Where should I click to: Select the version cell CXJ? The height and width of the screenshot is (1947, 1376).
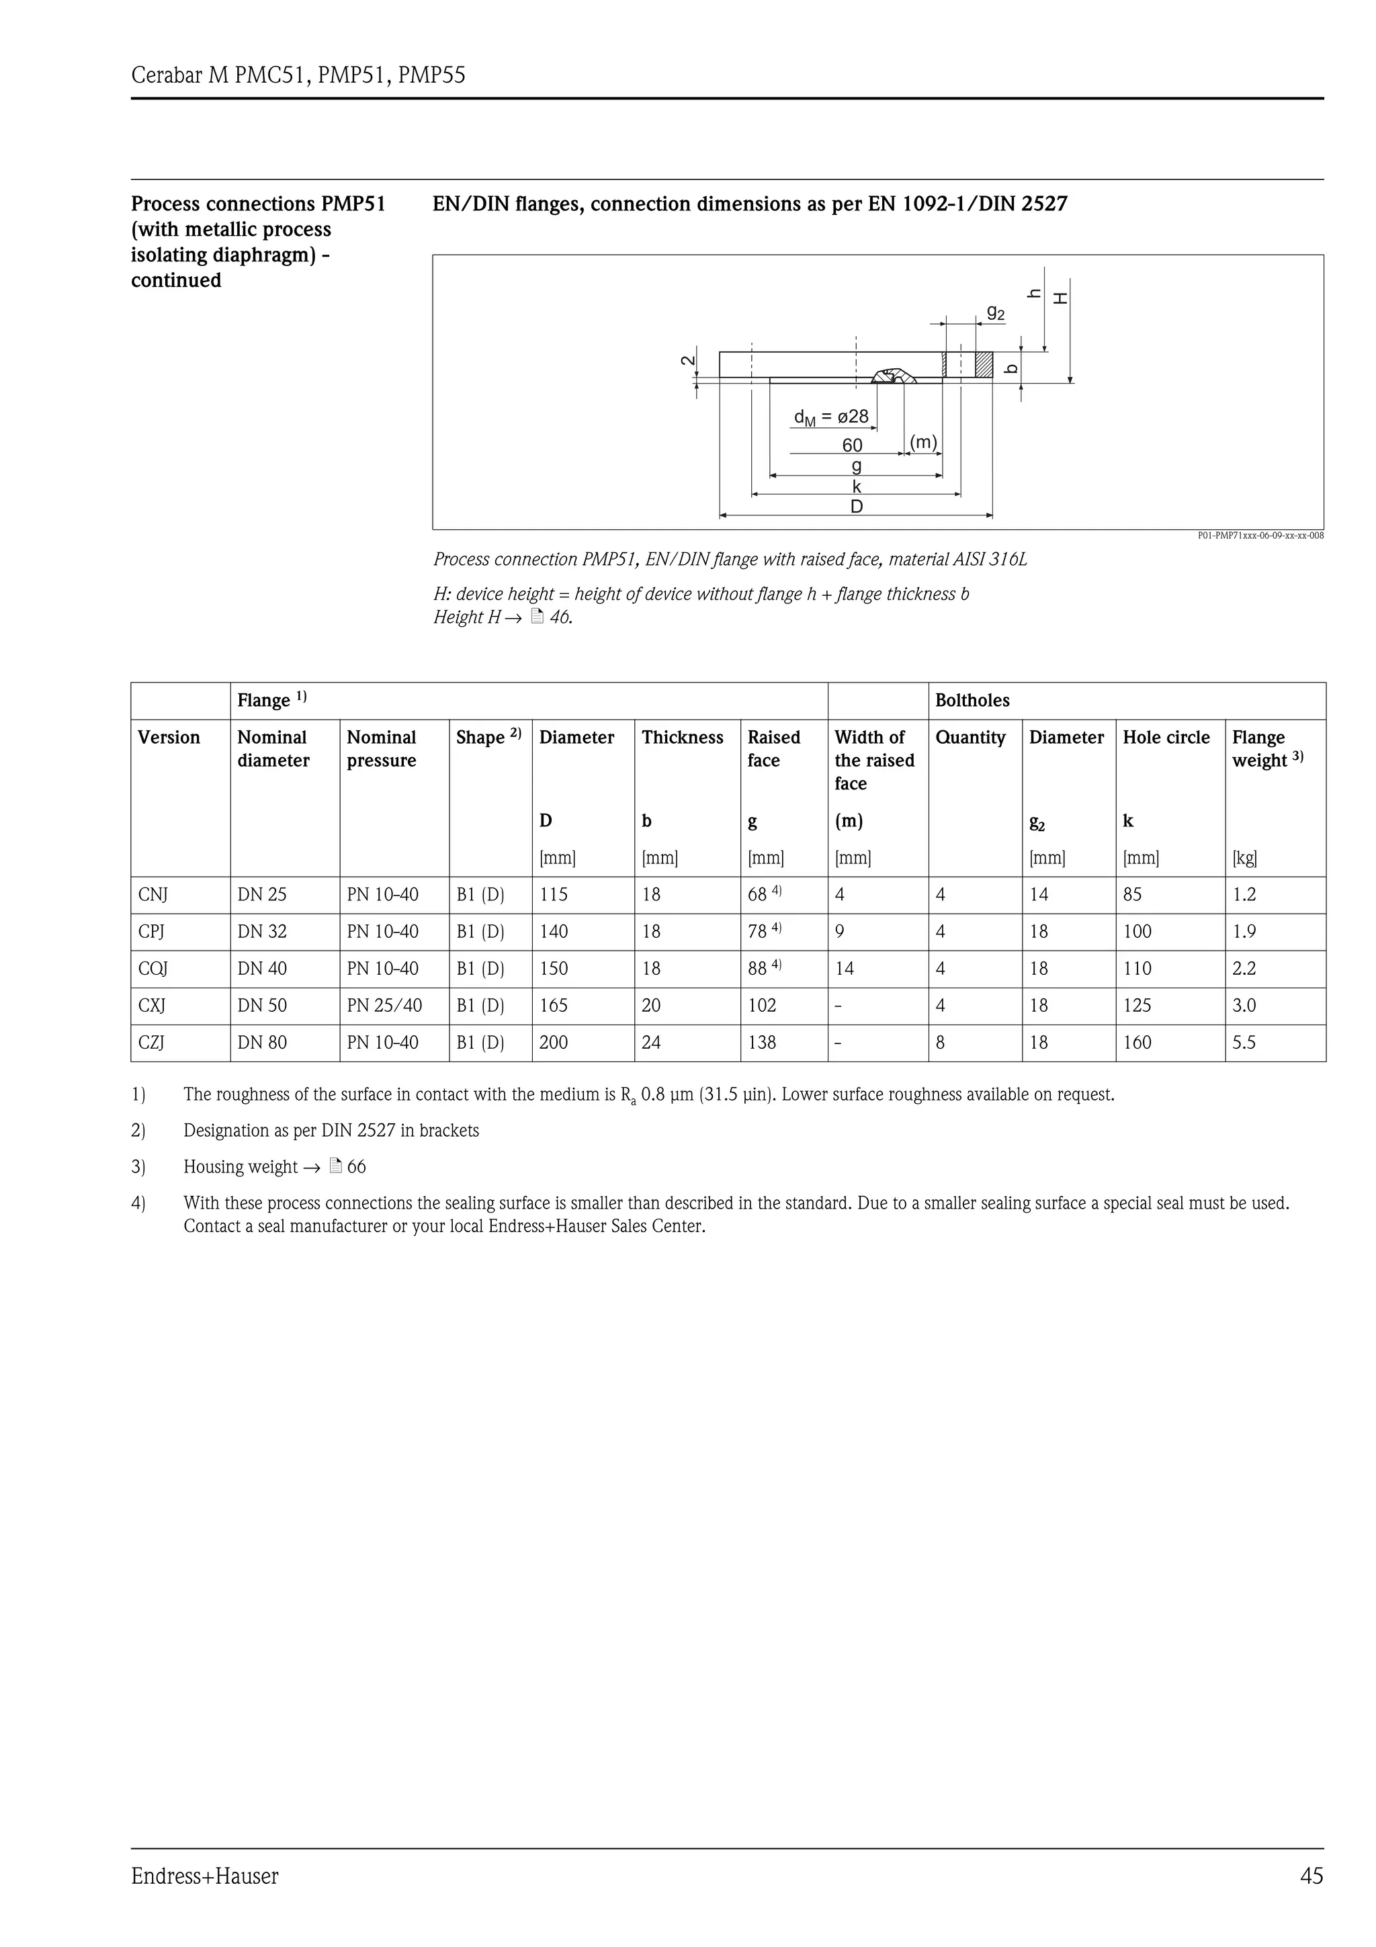[152, 1006]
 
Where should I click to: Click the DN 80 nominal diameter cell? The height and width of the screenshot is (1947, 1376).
[262, 1042]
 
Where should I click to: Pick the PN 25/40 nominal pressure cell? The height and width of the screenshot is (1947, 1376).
[384, 1006]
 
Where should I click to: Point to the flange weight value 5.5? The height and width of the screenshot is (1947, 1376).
[1244, 1042]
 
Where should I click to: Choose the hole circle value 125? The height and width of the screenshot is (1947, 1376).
[1137, 1006]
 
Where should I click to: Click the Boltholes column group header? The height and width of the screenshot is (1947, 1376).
[972, 701]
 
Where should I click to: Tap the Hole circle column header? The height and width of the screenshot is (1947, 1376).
[1166, 738]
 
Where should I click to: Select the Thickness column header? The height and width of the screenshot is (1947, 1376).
[683, 738]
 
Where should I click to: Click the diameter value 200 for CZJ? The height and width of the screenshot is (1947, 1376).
[554, 1042]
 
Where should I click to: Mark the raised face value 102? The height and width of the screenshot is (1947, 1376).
[761, 1006]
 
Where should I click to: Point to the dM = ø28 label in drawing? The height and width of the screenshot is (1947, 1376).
[831, 417]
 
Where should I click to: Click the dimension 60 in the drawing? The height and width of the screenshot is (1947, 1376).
[852, 445]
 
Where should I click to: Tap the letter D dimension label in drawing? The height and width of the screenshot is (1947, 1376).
[856, 507]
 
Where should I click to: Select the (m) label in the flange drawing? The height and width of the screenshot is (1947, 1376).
[923, 442]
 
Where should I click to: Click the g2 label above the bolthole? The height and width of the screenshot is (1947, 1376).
[995, 313]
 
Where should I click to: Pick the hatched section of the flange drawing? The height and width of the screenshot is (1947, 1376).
[984, 365]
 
